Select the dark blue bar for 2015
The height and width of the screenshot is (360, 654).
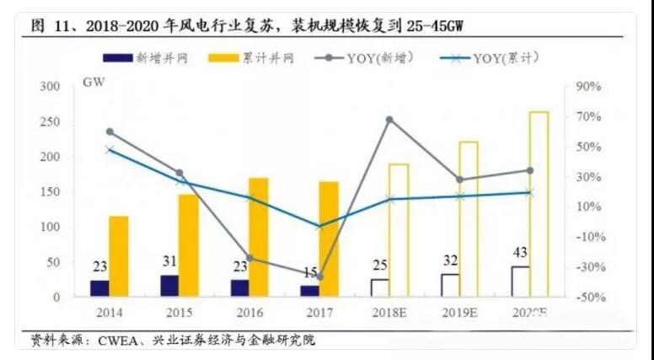coord(169,286)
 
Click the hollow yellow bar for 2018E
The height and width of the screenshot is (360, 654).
coord(399,230)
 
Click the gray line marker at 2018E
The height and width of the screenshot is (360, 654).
coord(389,120)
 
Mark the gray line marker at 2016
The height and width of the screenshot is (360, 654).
coord(249,258)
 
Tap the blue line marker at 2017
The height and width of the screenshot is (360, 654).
coord(319,226)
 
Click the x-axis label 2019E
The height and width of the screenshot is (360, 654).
coord(458,314)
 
